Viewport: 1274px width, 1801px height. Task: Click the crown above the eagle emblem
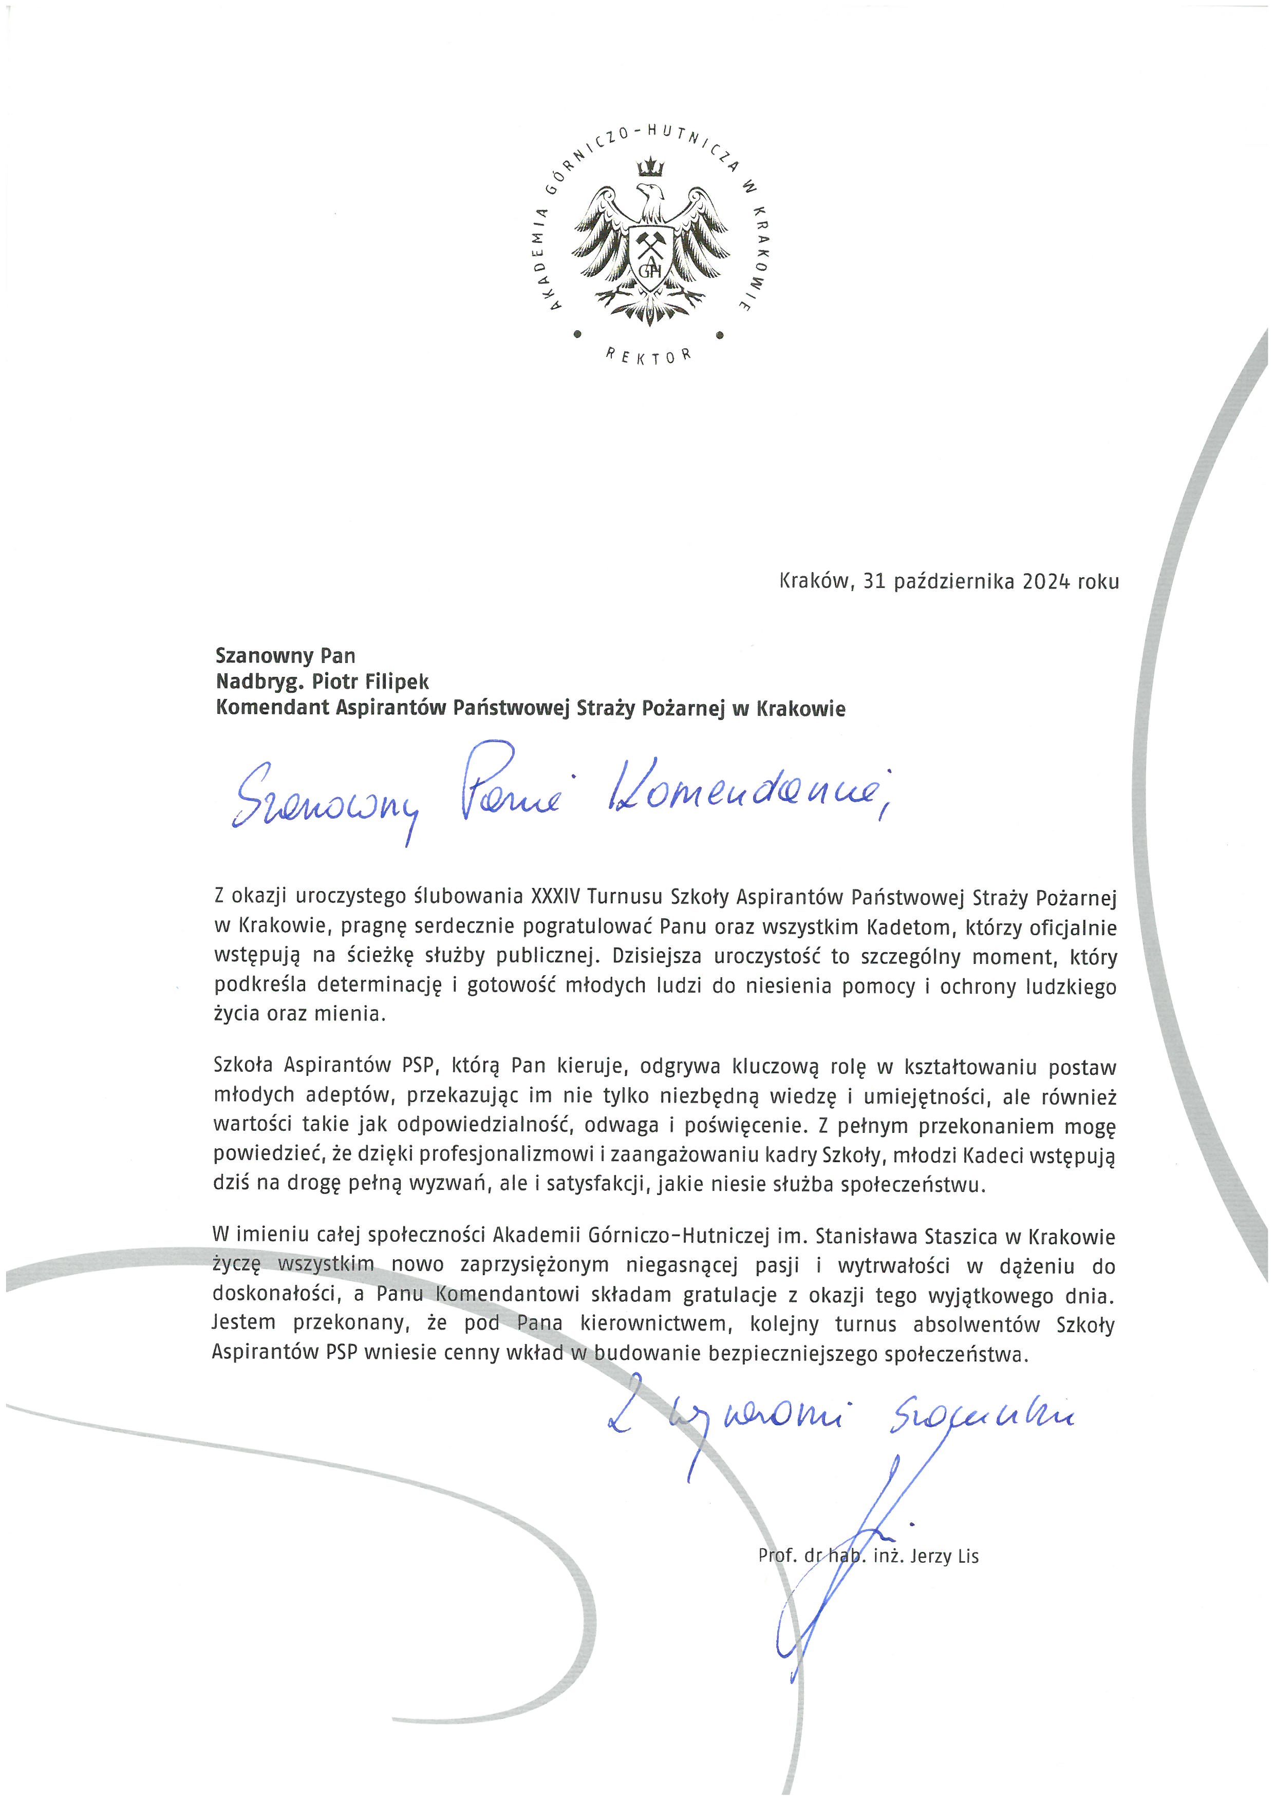[x=650, y=167]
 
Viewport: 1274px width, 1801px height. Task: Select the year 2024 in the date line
[x=1046, y=581]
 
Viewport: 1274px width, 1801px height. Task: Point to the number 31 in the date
[x=874, y=581]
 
